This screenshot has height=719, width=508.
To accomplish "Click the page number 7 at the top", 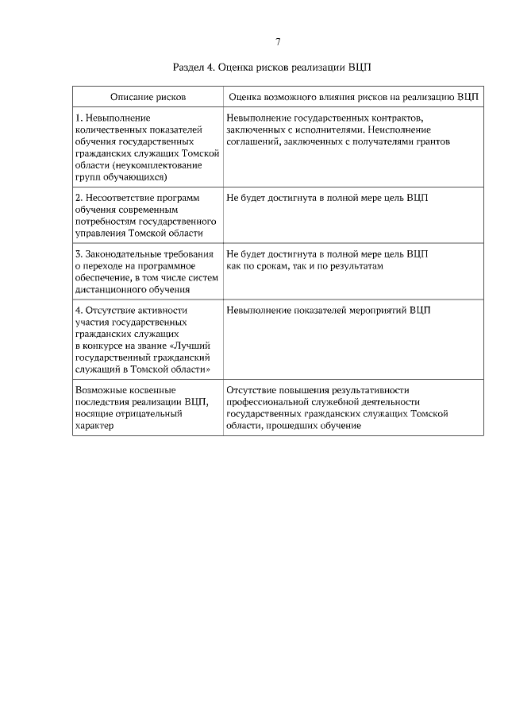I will point(278,41).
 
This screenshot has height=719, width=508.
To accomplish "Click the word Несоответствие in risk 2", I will point(121,198).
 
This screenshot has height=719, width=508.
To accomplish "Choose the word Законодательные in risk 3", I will point(124,254).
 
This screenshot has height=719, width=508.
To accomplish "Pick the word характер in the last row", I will point(94,426).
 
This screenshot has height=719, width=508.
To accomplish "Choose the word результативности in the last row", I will point(366,391).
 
